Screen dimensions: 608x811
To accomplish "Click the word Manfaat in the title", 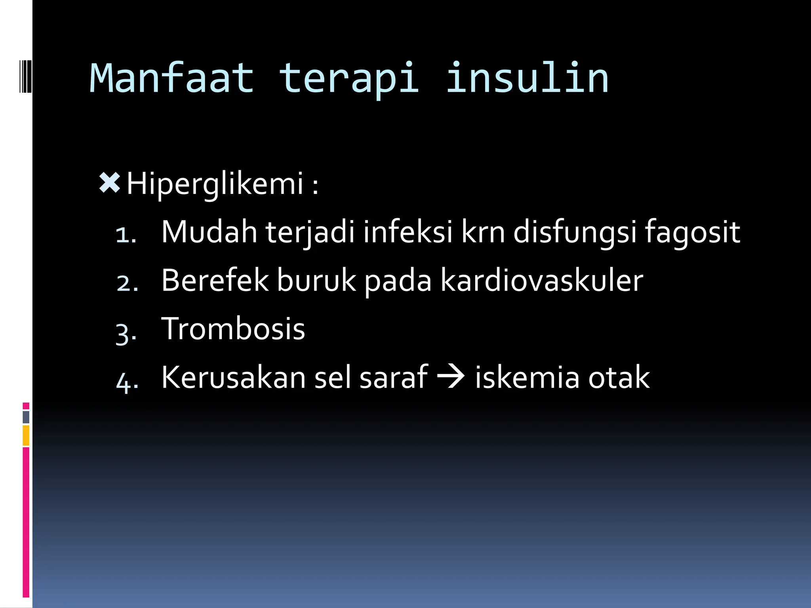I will [171, 78].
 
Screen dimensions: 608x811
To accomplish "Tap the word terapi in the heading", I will [349, 78].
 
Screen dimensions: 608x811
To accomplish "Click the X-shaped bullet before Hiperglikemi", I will [109, 183].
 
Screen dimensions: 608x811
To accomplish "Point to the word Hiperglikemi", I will [215, 184].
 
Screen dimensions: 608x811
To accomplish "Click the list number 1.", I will [126, 235].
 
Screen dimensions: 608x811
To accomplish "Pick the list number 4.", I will [127, 381].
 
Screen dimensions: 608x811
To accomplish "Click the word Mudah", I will [209, 232].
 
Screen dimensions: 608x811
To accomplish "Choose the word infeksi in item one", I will [408, 232].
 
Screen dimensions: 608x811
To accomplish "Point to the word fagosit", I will [692, 232].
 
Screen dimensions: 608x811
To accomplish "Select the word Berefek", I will [215, 280].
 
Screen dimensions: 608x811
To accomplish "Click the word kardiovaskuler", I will [542, 280].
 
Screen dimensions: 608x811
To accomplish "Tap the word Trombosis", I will [233, 329].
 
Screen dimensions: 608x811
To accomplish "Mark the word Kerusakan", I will [233, 377].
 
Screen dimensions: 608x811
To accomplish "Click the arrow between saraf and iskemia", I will [451, 376].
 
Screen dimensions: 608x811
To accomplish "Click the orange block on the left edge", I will [26, 435].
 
